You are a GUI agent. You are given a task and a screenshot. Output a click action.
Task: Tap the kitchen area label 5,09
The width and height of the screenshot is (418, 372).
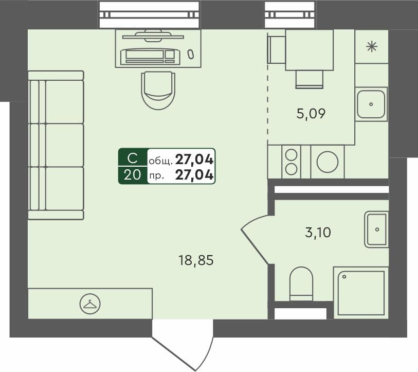[311, 113]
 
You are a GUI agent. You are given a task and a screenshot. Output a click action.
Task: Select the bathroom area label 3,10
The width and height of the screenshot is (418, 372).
[318, 233]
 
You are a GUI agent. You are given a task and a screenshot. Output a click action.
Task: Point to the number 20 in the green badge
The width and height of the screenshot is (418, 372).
[132, 175]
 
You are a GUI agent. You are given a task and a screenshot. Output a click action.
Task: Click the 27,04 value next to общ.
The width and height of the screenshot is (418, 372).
[194, 158]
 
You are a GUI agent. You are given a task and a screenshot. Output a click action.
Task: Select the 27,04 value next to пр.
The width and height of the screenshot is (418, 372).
[194, 175]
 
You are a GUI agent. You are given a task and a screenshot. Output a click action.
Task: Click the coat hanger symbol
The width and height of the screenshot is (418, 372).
[90, 304]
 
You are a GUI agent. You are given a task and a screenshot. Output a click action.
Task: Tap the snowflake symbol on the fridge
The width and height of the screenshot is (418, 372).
[371, 47]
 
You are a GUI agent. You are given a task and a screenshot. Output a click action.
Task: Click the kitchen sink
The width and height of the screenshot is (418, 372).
[371, 104]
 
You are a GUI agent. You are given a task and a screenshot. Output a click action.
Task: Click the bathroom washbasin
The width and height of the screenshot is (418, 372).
[376, 228]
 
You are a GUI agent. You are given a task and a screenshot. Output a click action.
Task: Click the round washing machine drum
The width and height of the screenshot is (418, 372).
[327, 162]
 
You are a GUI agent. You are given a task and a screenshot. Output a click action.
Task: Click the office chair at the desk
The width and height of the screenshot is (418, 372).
[158, 89]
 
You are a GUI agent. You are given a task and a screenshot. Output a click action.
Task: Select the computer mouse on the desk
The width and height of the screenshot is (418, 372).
[191, 54]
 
